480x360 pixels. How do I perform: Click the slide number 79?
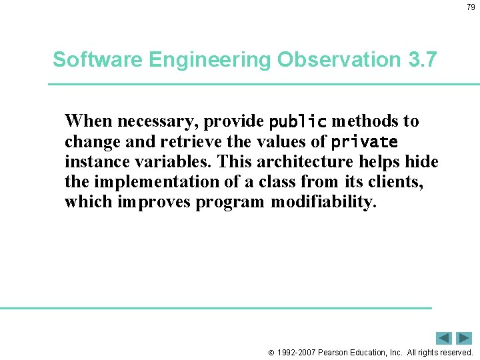point(471,7)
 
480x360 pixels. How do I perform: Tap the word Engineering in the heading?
point(209,60)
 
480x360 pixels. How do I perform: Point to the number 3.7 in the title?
point(421,60)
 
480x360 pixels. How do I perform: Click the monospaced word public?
point(297,122)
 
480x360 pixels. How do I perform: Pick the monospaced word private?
point(365,142)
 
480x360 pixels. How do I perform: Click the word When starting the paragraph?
point(89,121)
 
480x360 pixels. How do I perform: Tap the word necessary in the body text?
point(158,122)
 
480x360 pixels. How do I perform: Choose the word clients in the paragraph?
point(395,182)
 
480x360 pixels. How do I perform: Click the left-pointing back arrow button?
point(444,338)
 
